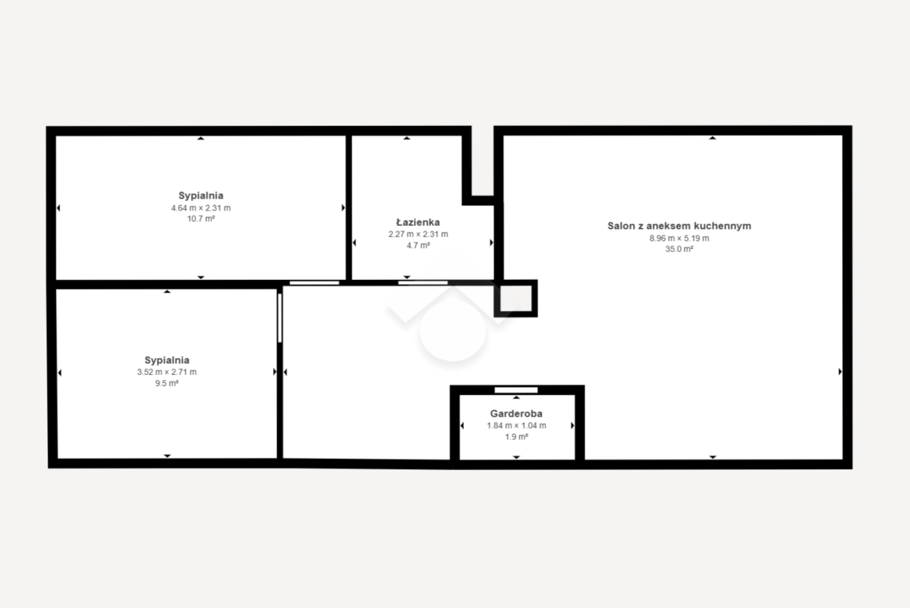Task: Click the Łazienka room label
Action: point(418,222)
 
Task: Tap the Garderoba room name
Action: point(516,413)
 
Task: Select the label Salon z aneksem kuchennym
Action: point(679,226)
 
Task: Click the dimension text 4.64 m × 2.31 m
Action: point(201,208)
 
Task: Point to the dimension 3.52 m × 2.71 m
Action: point(167,372)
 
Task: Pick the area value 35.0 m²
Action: point(679,249)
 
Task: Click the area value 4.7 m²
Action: point(419,246)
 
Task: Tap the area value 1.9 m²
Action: point(517,437)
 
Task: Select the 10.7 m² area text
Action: point(201,219)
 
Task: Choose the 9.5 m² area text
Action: point(167,383)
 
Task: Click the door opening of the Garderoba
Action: point(516,390)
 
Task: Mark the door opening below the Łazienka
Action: point(423,283)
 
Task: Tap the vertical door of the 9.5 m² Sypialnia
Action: point(280,318)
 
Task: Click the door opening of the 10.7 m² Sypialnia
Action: point(314,283)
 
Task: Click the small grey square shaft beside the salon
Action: point(516,299)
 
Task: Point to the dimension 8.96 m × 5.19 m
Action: point(679,239)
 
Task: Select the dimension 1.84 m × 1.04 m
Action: point(517,425)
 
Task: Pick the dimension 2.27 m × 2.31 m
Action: point(418,234)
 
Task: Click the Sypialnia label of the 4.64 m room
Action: point(201,196)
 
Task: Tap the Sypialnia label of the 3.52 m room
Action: point(167,360)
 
